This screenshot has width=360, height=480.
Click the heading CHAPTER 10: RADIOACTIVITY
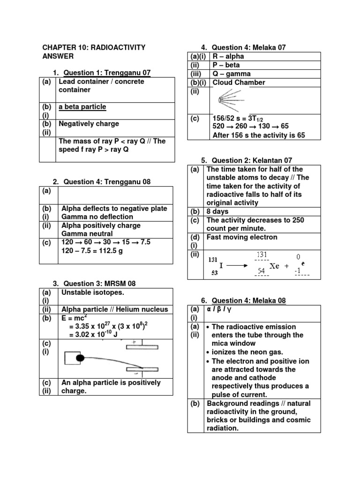(94, 47)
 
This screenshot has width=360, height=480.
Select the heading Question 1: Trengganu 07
(107, 73)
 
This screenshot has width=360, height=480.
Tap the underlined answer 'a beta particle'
(82, 107)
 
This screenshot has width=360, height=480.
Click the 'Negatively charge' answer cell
(89, 124)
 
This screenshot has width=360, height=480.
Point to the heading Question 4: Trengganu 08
(107, 182)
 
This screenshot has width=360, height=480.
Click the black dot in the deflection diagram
(80, 359)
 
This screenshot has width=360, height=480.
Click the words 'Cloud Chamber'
(239, 82)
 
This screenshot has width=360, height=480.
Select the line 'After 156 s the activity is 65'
(259, 135)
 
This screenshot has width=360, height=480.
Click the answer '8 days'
(218, 211)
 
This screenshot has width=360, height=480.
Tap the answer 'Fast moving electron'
(241, 237)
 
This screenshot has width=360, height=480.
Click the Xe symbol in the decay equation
(274, 266)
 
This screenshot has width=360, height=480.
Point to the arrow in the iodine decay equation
(237, 266)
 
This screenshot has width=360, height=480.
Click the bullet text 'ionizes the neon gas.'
(248, 352)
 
